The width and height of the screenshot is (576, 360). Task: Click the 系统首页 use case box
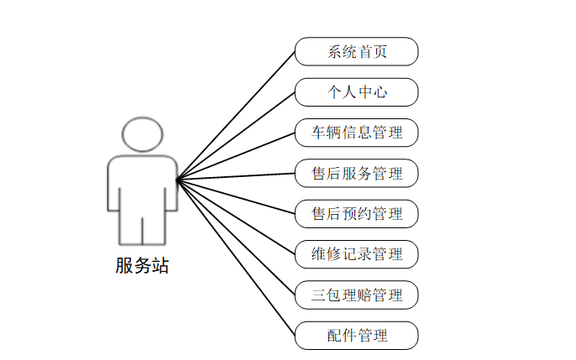356,51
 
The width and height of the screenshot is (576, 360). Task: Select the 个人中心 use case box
356,92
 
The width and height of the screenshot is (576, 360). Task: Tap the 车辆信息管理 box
356,133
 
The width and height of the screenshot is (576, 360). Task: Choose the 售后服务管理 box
356,174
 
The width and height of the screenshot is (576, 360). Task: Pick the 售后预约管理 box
356,214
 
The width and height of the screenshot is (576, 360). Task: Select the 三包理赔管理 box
356,295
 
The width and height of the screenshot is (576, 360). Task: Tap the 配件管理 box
356,336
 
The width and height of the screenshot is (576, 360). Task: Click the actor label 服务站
142,266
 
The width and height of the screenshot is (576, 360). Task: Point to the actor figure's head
141,135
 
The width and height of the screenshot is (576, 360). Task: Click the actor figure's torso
141,180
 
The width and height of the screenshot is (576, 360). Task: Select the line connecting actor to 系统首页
236,114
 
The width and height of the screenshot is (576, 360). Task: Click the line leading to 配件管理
236,257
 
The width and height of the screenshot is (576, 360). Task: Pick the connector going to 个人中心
236,135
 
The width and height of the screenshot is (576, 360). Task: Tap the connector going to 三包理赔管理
236,237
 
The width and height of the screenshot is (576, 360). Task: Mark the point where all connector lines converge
177,179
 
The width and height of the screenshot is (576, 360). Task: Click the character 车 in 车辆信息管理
318,133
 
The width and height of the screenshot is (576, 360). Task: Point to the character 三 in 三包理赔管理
318,295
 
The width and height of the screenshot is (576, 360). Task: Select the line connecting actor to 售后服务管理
236,176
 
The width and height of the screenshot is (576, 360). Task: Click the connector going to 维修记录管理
236,217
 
